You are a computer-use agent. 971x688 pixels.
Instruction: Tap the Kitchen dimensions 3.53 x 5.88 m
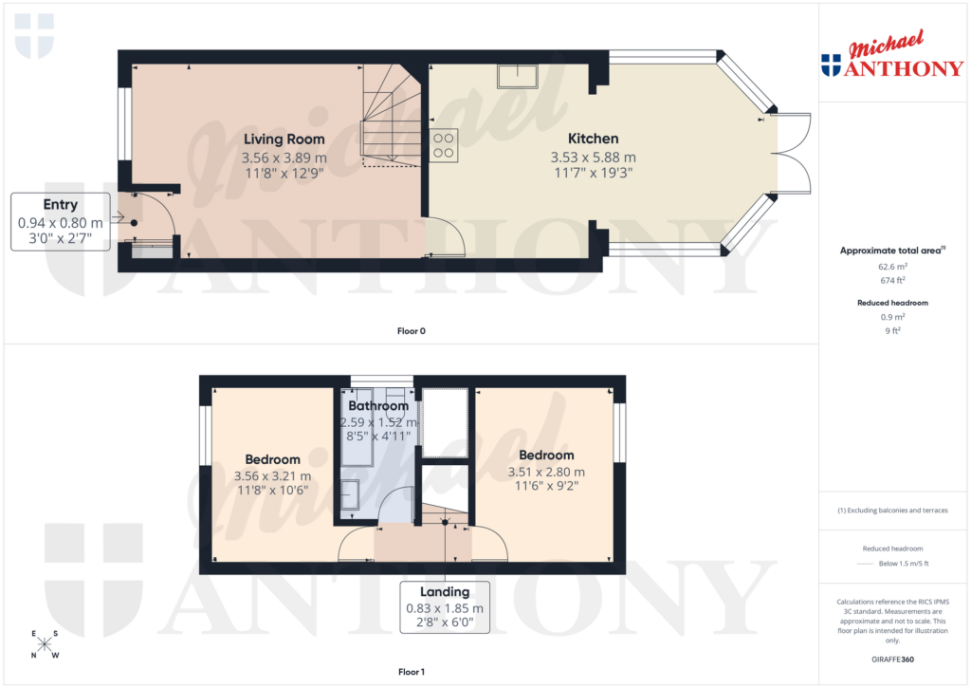click(x=593, y=157)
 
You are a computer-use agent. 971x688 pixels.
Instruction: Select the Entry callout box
click(x=61, y=221)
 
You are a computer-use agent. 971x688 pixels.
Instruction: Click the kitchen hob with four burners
click(x=445, y=145)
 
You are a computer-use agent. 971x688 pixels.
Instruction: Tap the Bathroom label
click(x=376, y=406)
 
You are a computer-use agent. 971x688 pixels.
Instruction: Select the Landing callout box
click(x=445, y=607)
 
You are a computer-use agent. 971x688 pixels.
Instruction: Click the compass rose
click(x=45, y=644)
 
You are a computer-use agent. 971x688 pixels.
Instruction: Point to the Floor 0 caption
click(x=412, y=331)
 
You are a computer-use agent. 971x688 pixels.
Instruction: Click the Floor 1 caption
click(x=412, y=672)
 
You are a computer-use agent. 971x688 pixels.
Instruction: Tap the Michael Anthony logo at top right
click(x=892, y=57)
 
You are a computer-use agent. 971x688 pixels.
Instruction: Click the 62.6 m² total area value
click(x=892, y=268)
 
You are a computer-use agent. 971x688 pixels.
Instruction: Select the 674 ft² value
click(x=892, y=280)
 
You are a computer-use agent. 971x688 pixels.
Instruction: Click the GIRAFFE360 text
click(x=892, y=659)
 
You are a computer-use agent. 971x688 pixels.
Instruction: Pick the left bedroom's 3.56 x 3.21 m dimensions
click(x=272, y=476)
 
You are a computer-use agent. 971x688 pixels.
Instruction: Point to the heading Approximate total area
click(x=890, y=251)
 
